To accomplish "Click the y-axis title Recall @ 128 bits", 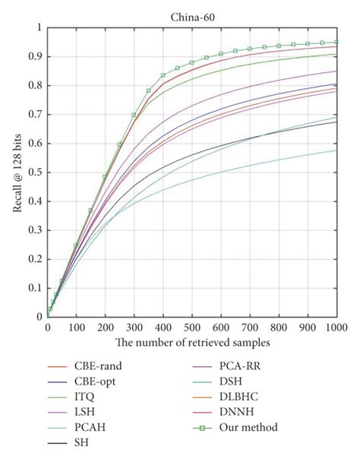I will coord(17,173).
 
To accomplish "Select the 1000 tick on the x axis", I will coord(336,328).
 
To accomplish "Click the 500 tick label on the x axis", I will coord(192,328).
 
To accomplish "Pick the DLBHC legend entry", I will coord(254,397).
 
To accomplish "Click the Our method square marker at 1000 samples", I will coord(336,43).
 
